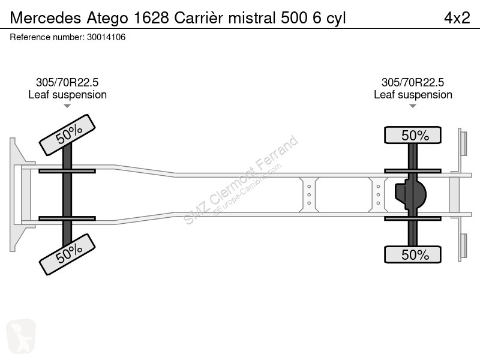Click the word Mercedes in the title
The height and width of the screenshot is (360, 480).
click(x=46, y=18)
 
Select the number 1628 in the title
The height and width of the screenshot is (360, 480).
click(x=152, y=18)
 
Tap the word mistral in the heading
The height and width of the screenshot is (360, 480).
click(x=252, y=18)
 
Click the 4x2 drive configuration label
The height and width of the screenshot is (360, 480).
click(x=457, y=18)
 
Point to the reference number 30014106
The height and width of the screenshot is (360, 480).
click(x=106, y=37)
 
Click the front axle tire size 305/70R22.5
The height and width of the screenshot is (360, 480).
click(x=67, y=82)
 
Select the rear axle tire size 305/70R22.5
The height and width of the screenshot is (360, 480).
click(x=413, y=82)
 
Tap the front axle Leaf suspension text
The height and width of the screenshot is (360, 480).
click(x=67, y=95)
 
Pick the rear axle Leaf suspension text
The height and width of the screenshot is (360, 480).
click(x=413, y=95)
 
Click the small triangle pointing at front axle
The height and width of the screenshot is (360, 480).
click(x=67, y=106)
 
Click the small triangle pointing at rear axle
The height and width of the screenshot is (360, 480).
click(x=413, y=106)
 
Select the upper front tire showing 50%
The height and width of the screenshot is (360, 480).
click(x=67, y=135)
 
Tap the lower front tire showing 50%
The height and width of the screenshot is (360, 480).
click(x=67, y=254)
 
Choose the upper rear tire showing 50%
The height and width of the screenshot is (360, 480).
click(x=413, y=135)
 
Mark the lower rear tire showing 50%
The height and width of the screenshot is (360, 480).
click(x=413, y=254)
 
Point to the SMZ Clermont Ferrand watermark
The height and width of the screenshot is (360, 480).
click(x=241, y=180)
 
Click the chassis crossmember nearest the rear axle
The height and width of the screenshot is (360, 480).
click(x=378, y=194)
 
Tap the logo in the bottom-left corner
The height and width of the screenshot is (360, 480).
click(x=21, y=336)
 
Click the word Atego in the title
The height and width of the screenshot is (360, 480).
click(x=107, y=19)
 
